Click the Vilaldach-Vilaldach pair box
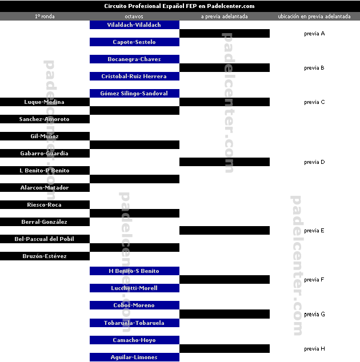click(x=134, y=25)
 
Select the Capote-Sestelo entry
click(x=134, y=42)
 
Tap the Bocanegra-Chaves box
click(x=134, y=59)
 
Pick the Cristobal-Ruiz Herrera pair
click(x=134, y=77)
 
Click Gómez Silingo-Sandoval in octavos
click(x=134, y=94)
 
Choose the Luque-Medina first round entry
click(x=45, y=102)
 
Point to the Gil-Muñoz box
click(x=45, y=136)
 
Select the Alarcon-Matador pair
click(x=45, y=188)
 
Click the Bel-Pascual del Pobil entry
click(x=45, y=239)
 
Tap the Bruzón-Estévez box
click(x=45, y=256)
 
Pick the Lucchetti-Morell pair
click(x=134, y=288)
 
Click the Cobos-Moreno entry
click(x=134, y=305)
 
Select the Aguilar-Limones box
click(x=134, y=357)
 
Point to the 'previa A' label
click(x=314, y=34)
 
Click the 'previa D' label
click(x=314, y=162)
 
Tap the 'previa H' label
click(x=314, y=349)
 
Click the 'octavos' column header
click(x=134, y=17)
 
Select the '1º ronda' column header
click(x=45, y=17)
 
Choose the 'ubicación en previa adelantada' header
click(x=314, y=17)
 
